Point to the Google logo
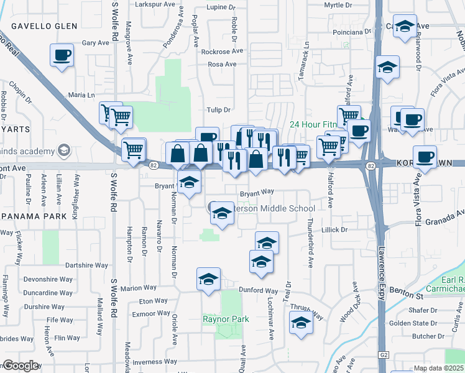[x=21, y=365]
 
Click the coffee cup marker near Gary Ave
[x=62, y=55]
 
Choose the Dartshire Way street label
[x=87, y=265]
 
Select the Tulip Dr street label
[x=219, y=110]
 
